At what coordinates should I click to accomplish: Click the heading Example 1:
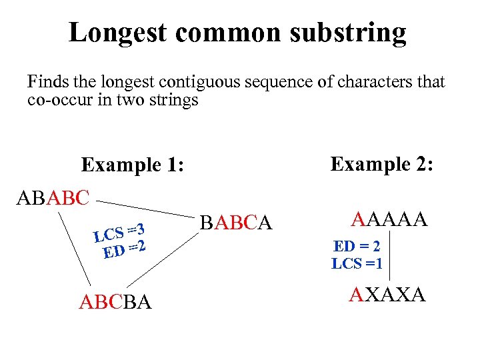133,165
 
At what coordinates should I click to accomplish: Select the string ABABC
53,198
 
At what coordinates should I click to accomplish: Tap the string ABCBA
115,303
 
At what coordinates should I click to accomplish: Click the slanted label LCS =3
119,231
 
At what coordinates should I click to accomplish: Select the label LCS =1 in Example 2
357,263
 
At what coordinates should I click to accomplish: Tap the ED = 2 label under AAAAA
358,247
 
